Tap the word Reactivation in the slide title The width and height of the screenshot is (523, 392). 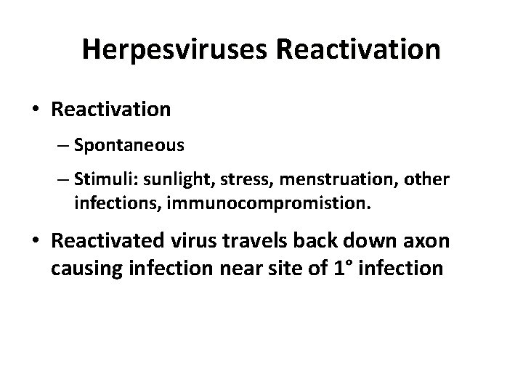point(357,49)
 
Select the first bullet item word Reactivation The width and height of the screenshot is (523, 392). point(111,109)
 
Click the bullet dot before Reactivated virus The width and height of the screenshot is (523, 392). point(35,241)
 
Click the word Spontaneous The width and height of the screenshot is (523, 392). point(129,145)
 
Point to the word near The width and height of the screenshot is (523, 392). point(234,268)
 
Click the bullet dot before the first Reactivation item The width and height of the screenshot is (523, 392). point(35,110)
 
